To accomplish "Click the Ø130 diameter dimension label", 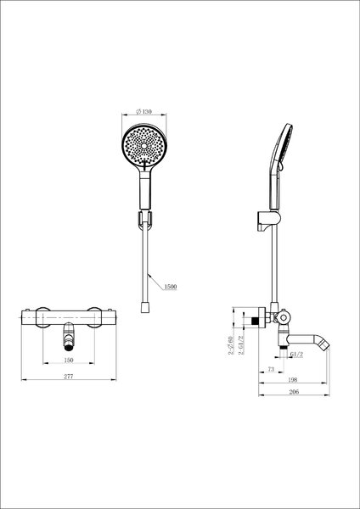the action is point(143,112).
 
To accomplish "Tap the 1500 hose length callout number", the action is point(171,287).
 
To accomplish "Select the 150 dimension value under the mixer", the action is point(69,360).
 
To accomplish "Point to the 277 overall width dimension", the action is point(69,377).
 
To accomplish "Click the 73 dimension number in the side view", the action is point(272,369).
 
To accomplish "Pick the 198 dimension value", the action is point(293,379).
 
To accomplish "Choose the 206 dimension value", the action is point(294,392).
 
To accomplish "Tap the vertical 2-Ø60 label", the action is point(231,345).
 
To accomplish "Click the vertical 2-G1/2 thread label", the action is point(241,344).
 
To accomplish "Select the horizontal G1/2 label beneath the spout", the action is point(296,355).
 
